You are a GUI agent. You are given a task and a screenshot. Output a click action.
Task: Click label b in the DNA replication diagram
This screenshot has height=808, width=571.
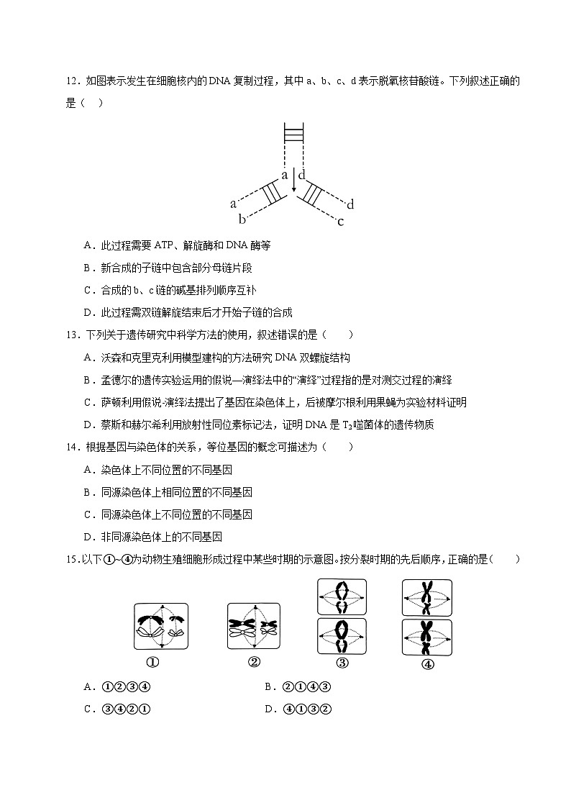click(x=243, y=219)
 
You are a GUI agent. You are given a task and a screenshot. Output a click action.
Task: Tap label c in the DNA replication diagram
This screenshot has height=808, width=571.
click(x=340, y=222)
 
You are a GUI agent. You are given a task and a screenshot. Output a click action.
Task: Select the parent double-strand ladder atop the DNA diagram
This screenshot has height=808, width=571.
click(x=293, y=135)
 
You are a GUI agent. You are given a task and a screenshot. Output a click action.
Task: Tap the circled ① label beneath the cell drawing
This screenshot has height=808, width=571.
click(x=152, y=663)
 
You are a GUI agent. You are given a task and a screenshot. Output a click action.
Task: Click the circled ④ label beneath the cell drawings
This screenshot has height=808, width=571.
click(x=427, y=665)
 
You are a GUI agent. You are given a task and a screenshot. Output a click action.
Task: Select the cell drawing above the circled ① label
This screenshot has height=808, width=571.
click(x=161, y=627)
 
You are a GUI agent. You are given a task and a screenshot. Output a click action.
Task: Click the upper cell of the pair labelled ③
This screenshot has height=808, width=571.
click(x=342, y=597)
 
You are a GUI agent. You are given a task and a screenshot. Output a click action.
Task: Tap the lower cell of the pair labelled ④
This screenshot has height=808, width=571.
click(x=427, y=637)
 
